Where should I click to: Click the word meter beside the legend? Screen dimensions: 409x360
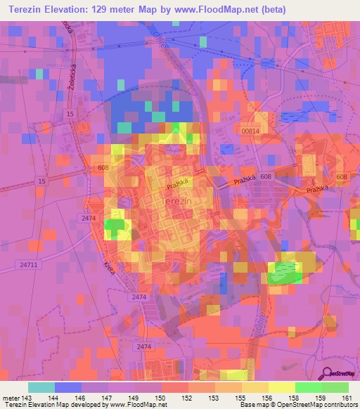pyautogui.click(x=11, y=397)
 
